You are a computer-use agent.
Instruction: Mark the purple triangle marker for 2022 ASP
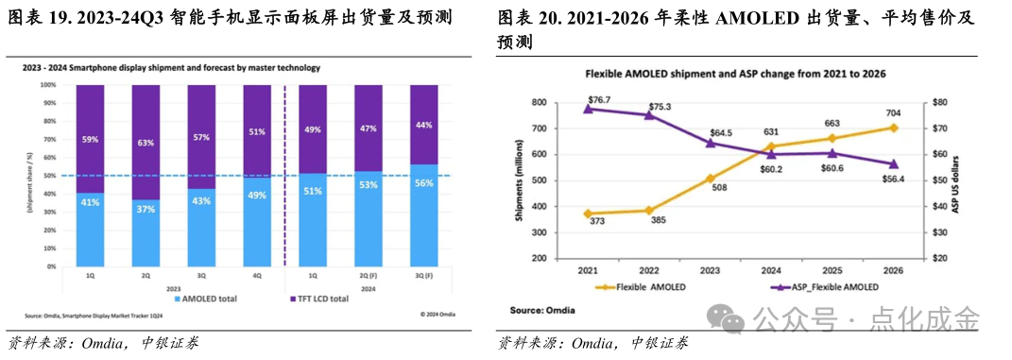(x=648, y=114)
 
